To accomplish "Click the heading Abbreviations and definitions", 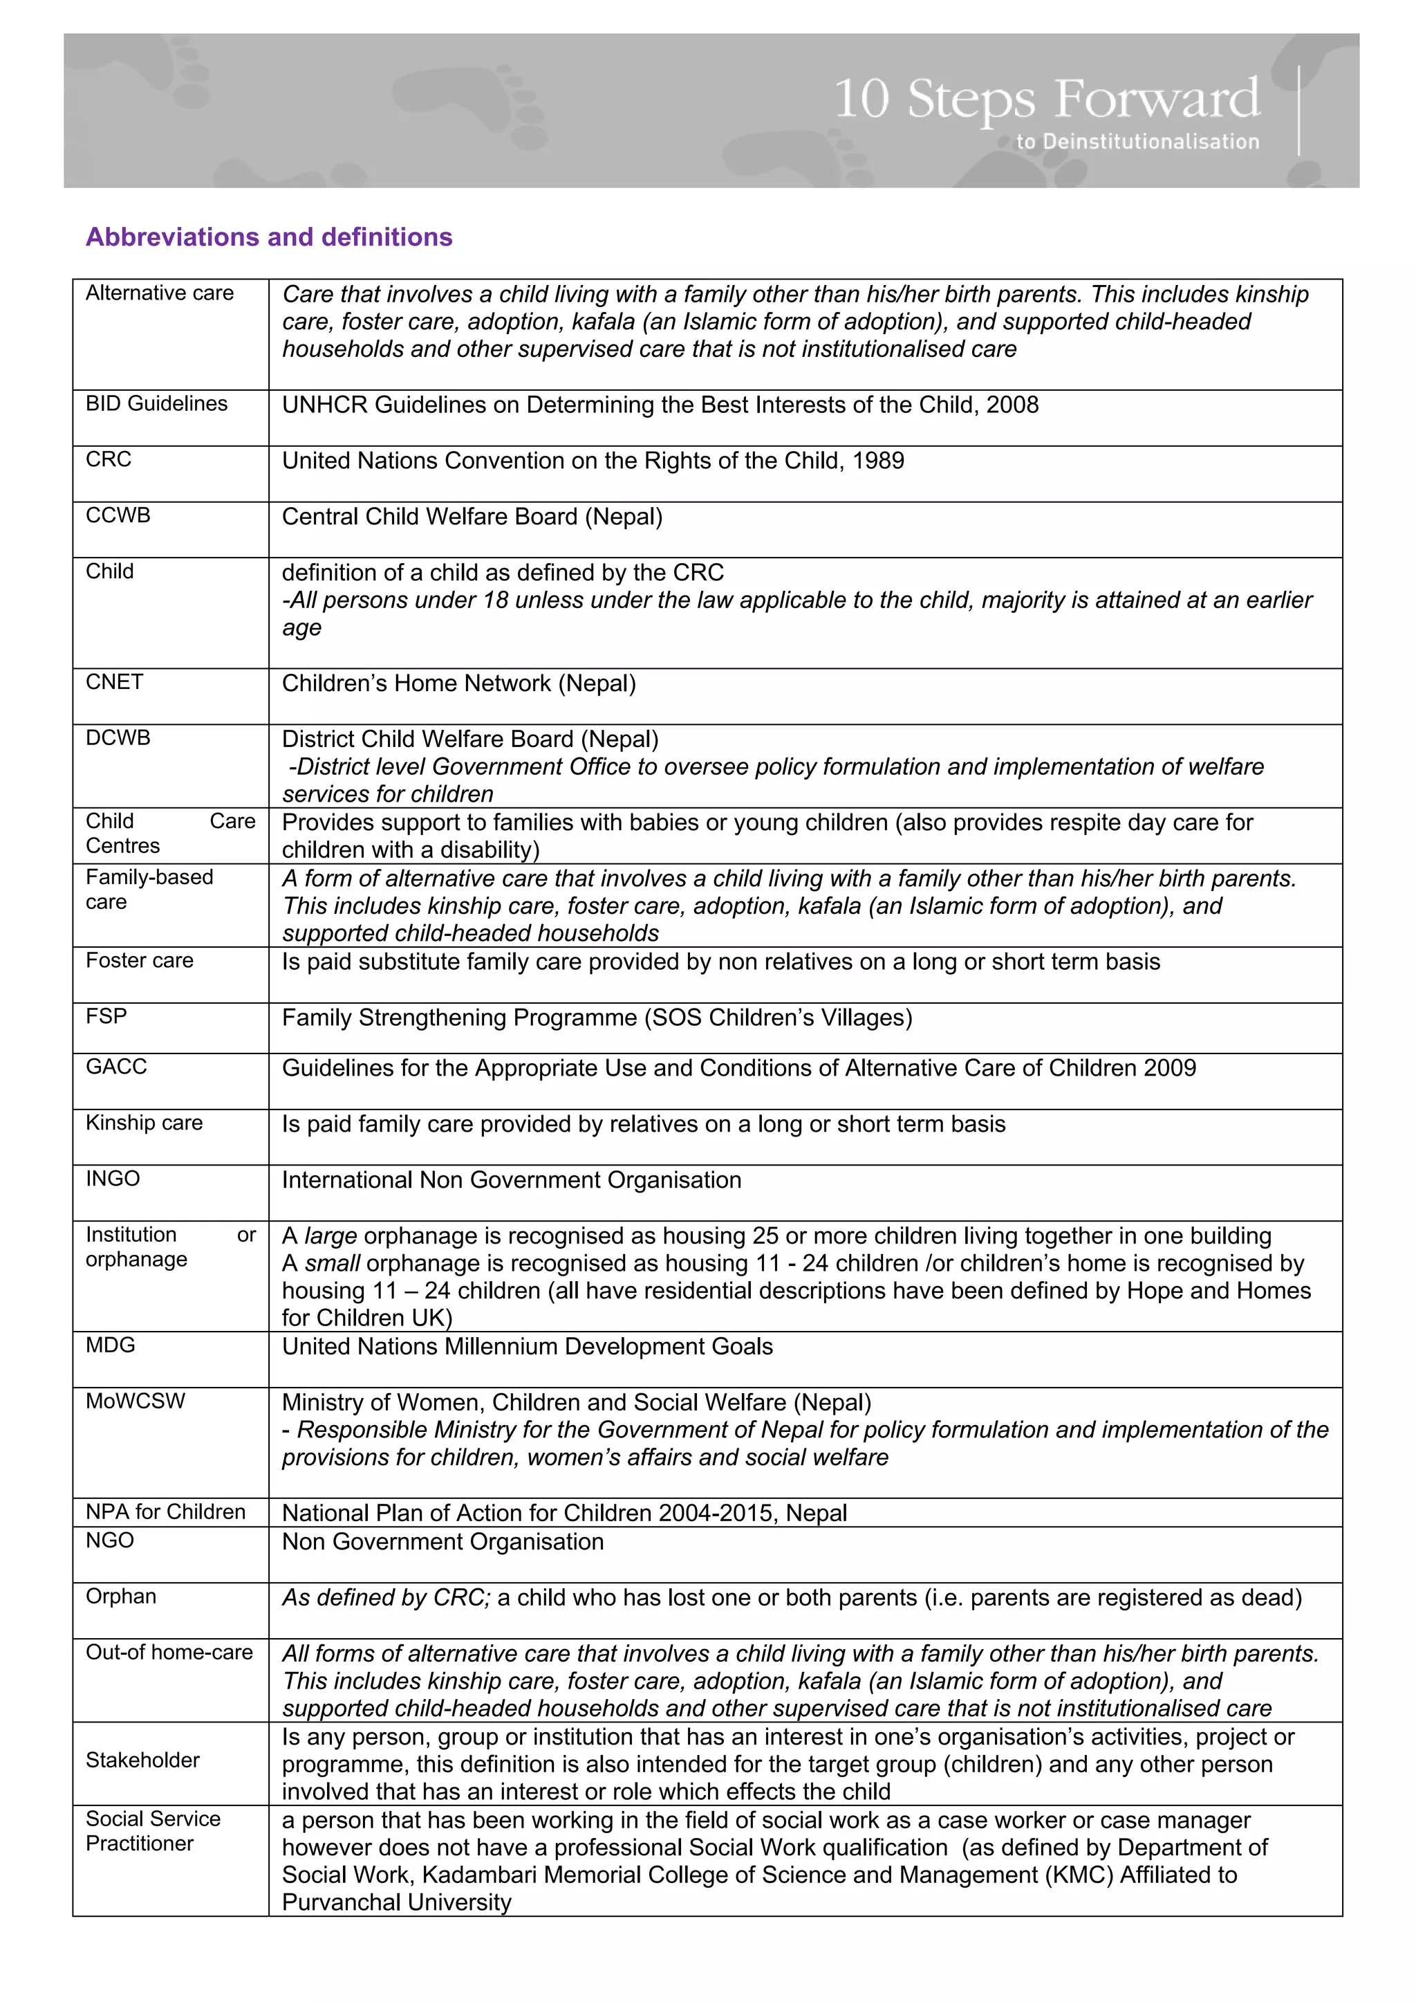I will pos(269,237).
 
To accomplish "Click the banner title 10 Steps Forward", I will pos(1046,99).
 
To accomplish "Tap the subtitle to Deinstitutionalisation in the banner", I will pos(1137,141).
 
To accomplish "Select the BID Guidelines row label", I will pos(156,404).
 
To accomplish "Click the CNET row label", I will pos(114,683).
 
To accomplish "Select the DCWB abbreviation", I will pos(118,738).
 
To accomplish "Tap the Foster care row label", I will pos(140,961).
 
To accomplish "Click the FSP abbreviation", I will pos(106,1017).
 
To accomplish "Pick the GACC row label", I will pos(116,1067).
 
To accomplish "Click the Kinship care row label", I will pos(144,1123).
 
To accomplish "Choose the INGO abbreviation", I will pos(113,1179).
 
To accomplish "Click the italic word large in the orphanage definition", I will pos(330,1236).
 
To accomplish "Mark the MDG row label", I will pos(110,1346).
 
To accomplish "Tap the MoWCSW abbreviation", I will pos(136,1401).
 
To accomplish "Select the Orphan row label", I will pos(120,1597).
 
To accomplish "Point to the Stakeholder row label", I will pos(142,1761).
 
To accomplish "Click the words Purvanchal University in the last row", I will pos(397,1903).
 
